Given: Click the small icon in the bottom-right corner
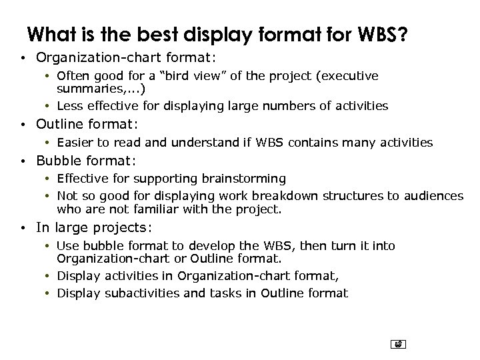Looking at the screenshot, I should [x=398, y=344].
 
